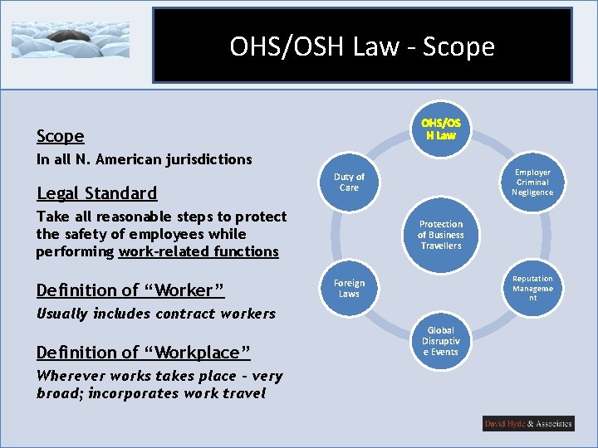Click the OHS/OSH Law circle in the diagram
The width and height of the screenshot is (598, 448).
coord(441,129)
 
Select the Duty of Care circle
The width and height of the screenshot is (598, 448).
coord(349,182)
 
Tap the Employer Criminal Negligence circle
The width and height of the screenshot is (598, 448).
coord(532,182)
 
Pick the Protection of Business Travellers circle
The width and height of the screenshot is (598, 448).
coord(440,235)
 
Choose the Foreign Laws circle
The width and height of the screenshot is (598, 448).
coord(349,288)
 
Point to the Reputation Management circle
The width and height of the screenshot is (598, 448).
coord(532,288)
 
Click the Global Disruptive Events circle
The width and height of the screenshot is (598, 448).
coord(440,341)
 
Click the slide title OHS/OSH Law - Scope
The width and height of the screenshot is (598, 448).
coord(362,46)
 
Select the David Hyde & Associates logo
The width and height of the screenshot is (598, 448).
coord(528,423)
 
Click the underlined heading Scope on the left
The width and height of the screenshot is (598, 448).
coord(60,136)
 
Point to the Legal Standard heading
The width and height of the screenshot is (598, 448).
coord(96,193)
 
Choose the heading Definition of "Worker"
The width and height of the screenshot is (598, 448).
coord(130,290)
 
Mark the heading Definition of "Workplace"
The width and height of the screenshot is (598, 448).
coord(143,353)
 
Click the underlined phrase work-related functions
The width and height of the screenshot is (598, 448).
coord(199,251)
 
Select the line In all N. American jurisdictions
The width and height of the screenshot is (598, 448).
coord(144,159)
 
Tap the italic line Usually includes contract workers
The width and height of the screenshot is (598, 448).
coord(155,314)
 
